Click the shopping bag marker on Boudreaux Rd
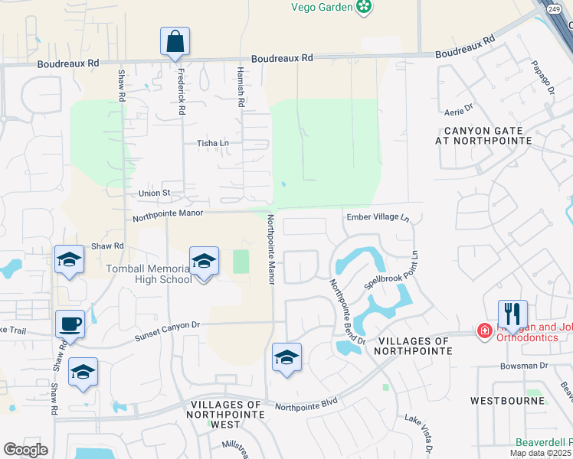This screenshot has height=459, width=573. [x=175, y=41]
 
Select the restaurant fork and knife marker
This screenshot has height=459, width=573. [x=512, y=314]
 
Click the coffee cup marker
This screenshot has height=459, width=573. [x=70, y=324]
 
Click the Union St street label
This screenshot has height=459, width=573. [x=154, y=194]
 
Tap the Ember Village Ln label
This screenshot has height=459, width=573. [x=378, y=217]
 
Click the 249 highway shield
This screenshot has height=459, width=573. [x=555, y=8]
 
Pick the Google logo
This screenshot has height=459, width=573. [x=26, y=449]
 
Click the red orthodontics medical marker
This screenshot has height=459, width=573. [x=484, y=331]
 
